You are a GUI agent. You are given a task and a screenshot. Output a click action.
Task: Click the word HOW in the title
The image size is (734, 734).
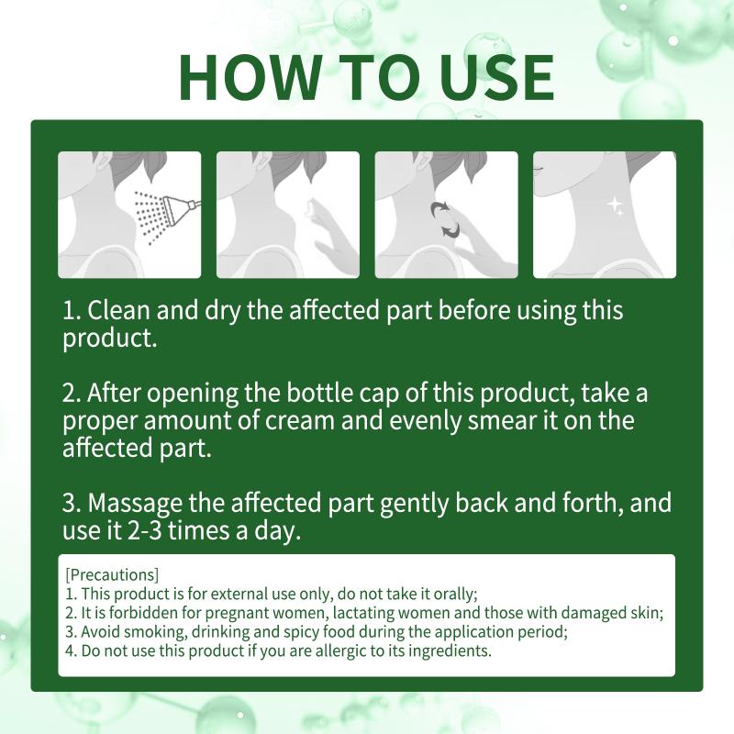(x=249, y=77)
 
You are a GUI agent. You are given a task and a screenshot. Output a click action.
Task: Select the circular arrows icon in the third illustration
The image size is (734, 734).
(x=445, y=219)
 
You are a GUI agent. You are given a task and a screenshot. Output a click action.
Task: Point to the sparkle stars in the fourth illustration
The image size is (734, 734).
(x=615, y=206)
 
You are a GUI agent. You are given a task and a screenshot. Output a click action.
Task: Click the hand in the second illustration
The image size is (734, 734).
(x=328, y=234)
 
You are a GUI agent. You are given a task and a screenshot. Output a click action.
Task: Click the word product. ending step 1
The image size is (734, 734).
(x=109, y=338)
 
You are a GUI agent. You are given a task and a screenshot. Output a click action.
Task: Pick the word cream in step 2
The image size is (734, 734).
(x=300, y=420)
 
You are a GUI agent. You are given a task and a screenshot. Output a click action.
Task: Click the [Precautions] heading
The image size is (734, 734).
(x=112, y=575)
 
